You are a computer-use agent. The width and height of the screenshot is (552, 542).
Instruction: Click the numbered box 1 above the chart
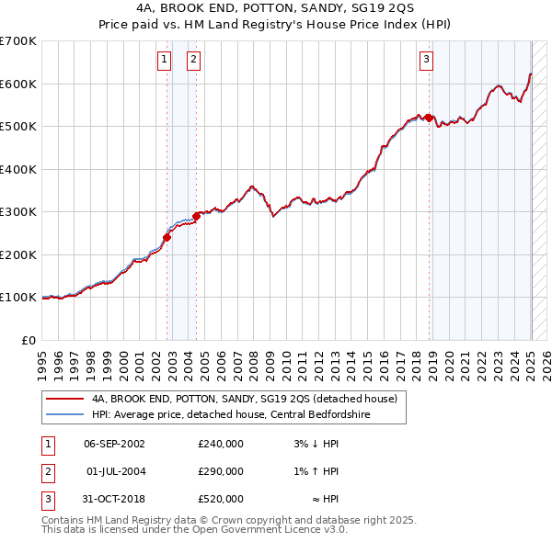click(164, 61)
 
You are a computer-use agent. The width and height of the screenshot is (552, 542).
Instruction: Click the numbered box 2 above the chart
click(194, 61)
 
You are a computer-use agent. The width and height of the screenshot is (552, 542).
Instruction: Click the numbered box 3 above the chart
click(427, 61)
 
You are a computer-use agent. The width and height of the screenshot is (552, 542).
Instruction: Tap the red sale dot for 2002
click(167, 237)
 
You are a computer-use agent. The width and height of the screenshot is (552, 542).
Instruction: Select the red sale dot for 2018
click(430, 118)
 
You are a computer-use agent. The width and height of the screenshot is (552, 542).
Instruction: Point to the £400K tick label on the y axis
click(18, 169)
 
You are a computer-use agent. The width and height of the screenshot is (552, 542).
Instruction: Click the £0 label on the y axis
click(29, 340)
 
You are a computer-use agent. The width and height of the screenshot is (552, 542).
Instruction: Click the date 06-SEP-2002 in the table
click(114, 444)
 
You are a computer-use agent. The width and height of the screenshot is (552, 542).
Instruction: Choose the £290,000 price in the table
click(221, 471)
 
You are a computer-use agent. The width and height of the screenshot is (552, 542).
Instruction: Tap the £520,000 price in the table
click(221, 499)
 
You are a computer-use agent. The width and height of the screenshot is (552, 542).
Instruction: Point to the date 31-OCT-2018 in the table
click(114, 499)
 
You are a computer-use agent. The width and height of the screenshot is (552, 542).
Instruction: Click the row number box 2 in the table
click(46, 471)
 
